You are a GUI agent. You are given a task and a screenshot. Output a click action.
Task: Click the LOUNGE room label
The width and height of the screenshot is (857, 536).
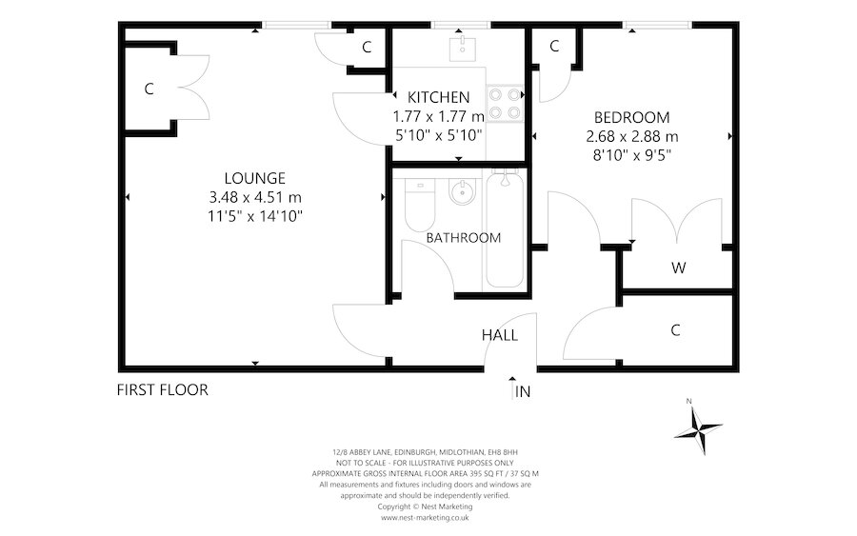(254, 178)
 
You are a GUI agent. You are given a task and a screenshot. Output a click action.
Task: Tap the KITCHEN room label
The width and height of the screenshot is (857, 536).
(438, 97)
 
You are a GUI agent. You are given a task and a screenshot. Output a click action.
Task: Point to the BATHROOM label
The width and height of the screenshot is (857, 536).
(463, 238)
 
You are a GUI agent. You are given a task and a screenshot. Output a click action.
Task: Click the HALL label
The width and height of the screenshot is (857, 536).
(499, 335)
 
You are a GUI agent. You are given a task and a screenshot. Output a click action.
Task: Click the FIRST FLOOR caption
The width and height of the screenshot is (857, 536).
(162, 389)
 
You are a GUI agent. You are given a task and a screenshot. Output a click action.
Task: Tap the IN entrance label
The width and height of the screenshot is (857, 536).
(522, 391)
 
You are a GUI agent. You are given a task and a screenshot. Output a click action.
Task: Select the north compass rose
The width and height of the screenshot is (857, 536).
(698, 425)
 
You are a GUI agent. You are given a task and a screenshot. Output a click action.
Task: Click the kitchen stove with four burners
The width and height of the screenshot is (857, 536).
(506, 104)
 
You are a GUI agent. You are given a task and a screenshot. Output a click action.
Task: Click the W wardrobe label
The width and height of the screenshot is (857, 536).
(678, 268)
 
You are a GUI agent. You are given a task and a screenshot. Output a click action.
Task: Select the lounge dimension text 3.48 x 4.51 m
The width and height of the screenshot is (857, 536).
(254, 197)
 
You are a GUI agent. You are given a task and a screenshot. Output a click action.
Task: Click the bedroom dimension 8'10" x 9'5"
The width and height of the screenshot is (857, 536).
(631, 156)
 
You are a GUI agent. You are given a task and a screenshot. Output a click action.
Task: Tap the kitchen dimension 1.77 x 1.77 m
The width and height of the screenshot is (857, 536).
(438, 116)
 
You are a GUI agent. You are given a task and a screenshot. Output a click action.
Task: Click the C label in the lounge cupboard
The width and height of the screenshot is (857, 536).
(149, 89)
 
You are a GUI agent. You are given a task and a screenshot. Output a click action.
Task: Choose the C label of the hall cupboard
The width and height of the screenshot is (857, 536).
(675, 330)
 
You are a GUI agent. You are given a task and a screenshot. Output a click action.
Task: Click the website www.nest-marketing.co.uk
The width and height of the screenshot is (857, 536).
(425, 518)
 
